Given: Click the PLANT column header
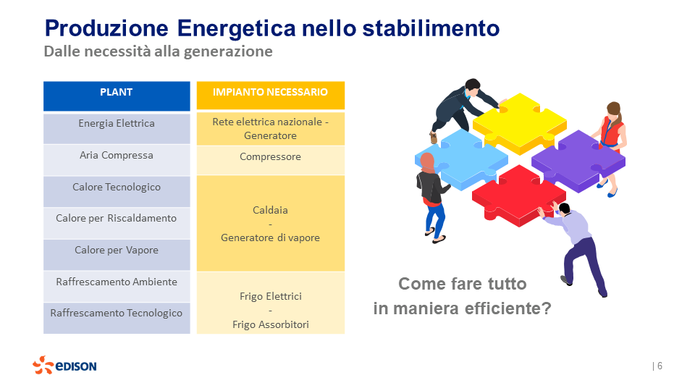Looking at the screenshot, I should pos(117,93).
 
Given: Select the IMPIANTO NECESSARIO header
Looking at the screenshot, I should pos(270,93).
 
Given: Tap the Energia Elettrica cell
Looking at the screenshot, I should pos(117,124).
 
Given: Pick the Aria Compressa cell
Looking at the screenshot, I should pos(117,156).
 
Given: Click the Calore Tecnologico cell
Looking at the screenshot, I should pos(117,188).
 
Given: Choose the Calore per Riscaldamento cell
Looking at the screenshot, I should pos(117,219).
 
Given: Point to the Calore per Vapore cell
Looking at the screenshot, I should pos(117,251).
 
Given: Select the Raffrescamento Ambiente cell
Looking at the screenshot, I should pos(117,282).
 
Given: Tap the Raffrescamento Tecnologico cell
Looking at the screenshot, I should pos(117,314).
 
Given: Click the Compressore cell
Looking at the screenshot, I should pos(270,157).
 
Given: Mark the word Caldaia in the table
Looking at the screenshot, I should pos(270,211).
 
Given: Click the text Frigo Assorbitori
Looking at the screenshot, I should pos(270,325).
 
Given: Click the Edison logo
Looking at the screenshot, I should pos(64,366).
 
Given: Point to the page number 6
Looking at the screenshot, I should pos(660,366).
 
